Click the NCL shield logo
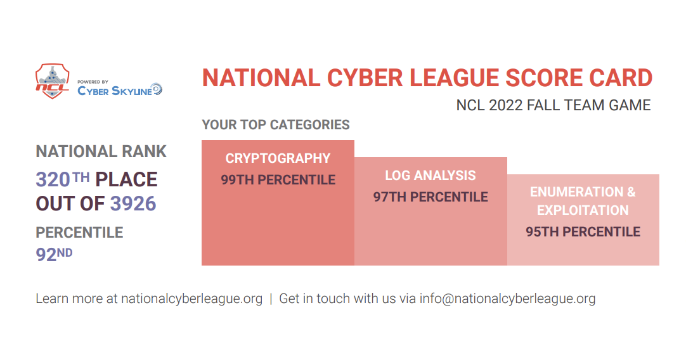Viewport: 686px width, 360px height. [x=53, y=81]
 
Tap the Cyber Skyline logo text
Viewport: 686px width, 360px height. [x=115, y=91]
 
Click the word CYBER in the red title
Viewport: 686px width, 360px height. [x=366, y=79]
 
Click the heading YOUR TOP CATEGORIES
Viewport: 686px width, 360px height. [x=276, y=125]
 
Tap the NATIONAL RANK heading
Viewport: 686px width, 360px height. [x=101, y=151]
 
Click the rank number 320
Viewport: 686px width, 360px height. [x=53, y=180]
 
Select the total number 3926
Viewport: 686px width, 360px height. [x=133, y=204]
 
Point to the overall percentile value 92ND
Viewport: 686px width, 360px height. [x=55, y=254]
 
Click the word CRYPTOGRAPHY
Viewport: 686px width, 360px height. [x=278, y=158]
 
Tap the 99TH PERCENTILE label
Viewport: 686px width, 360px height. [x=278, y=180]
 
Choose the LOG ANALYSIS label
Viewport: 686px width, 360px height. [x=430, y=176]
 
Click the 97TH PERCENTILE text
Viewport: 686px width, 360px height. [x=430, y=197]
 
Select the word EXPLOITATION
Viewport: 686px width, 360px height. [x=583, y=210]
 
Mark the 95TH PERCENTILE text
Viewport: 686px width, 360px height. [x=583, y=232]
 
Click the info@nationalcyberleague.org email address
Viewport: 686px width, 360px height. [x=507, y=299]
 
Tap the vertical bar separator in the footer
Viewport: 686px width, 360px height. [x=271, y=299]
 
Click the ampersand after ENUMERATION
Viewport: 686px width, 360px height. [x=631, y=192]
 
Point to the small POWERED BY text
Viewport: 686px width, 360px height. [x=93, y=82]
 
